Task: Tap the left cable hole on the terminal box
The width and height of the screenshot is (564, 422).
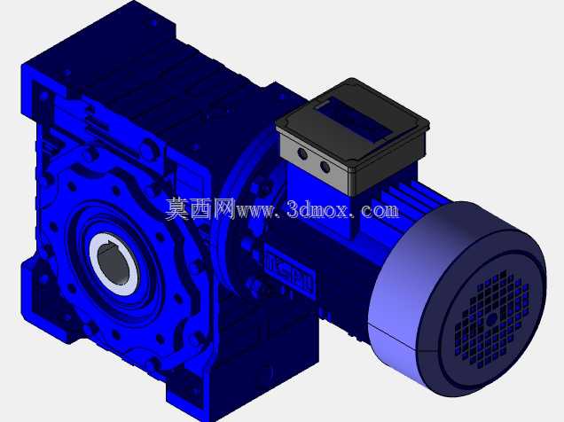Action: (302, 154)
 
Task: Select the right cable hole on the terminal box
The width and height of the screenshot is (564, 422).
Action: (325, 167)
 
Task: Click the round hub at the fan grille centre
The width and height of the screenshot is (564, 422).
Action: (491, 318)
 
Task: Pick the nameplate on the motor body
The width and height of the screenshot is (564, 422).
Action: (290, 270)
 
